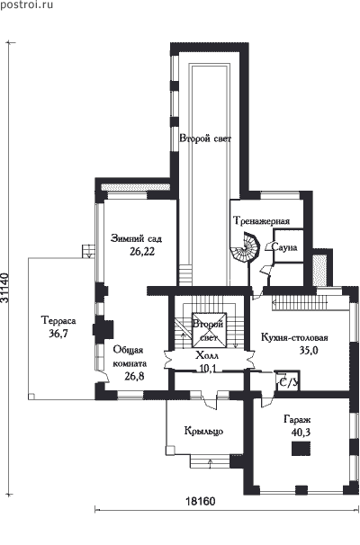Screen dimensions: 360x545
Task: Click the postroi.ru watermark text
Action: [x=27, y=4]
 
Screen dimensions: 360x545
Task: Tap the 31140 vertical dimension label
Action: [x=5, y=288]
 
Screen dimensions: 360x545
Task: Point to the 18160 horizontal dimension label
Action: [x=201, y=501]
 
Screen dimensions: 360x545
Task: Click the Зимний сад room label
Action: [x=136, y=239]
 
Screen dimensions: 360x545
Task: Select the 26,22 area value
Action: [x=142, y=252]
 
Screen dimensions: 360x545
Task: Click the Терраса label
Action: [x=58, y=320]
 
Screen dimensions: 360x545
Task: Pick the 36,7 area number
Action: [x=58, y=334]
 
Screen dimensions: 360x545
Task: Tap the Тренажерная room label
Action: [x=261, y=221]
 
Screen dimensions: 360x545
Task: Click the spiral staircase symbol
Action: [x=245, y=248]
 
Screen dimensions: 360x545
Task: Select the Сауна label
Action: [x=284, y=247]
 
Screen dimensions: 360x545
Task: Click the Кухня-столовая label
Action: [x=294, y=337]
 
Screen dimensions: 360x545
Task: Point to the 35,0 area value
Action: [x=309, y=351]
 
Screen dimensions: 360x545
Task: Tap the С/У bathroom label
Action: [x=288, y=382]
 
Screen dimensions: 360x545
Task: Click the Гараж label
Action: [x=297, y=419]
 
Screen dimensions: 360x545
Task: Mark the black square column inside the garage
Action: [x=301, y=449]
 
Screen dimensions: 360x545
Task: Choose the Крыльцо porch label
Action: [x=203, y=432]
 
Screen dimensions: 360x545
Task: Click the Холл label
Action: [x=207, y=356]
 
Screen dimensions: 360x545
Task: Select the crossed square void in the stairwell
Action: [x=210, y=330]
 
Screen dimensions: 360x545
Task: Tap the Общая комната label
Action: [x=130, y=357]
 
